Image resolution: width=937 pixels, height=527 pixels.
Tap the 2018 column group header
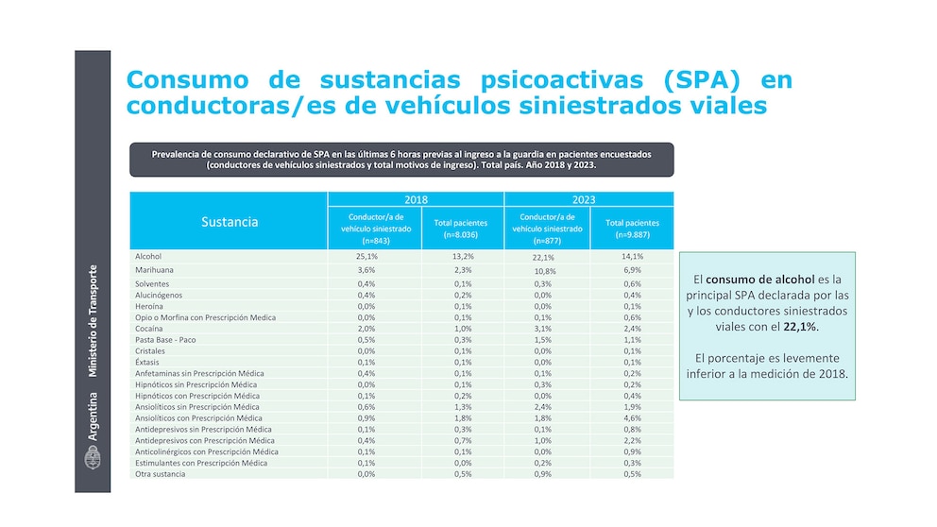pyautogui.click(x=416, y=200)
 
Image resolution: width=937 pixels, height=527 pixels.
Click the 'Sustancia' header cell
pyautogui.click(x=229, y=223)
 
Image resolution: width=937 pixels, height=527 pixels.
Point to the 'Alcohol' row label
pyautogui.click(x=149, y=256)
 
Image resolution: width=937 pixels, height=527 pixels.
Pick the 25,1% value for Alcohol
pyautogui.click(x=367, y=256)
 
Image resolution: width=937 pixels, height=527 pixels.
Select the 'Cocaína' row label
pyautogui.click(x=151, y=329)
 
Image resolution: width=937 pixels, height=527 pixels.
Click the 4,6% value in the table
pyautogui.click(x=632, y=417)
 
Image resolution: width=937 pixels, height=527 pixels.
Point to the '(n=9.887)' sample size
pyautogui.click(x=632, y=234)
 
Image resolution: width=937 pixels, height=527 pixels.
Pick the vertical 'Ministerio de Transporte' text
pyautogui.click(x=93, y=321)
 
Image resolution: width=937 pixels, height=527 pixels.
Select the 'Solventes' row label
pyautogui.click(x=153, y=283)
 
